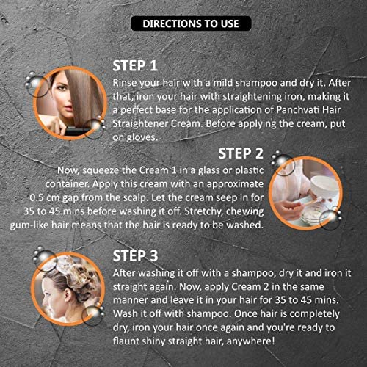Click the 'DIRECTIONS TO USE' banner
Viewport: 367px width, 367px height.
click(191, 23)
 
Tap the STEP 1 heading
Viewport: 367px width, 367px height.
click(135, 66)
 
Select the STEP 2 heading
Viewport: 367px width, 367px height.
click(241, 153)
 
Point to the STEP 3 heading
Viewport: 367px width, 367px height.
click(135, 256)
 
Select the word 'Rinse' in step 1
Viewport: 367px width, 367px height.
click(125, 83)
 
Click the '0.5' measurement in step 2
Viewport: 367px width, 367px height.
click(37, 197)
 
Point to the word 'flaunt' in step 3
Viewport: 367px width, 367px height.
click(126, 341)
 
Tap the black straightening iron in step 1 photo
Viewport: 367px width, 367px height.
click(77, 131)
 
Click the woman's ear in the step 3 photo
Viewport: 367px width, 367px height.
click(70, 294)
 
